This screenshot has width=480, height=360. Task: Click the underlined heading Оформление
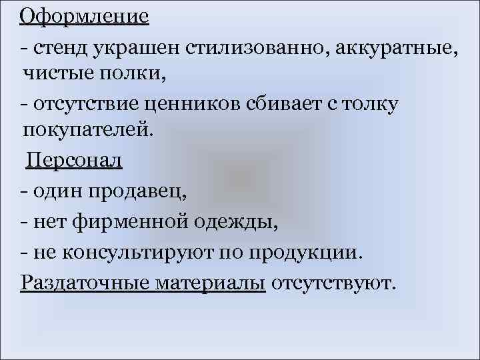pos(85,15)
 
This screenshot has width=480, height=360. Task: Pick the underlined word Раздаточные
pos(86,283)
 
